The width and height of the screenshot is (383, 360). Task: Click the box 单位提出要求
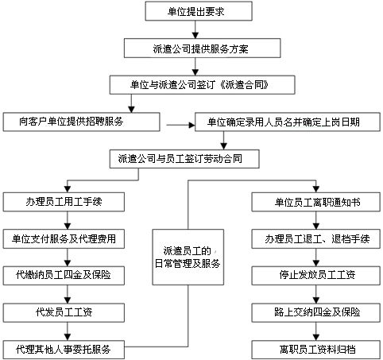pyautogui.click(x=198, y=11)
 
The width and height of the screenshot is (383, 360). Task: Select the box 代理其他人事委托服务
pyautogui.click(x=68, y=349)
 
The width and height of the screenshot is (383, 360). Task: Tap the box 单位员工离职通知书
pyautogui.click(x=316, y=202)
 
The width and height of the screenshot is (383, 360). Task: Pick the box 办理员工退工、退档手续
pyautogui.click(x=316, y=238)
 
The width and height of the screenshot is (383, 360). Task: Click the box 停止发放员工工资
pyautogui.click(x=316, y=275)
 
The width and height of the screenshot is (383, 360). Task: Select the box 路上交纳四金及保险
pyautogui.click(x=316, y=312)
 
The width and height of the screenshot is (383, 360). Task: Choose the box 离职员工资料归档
pyautogui.click(x=316, y=349)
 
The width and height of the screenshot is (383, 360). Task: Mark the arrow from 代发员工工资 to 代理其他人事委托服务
pyautogui.click(x=64, y=331)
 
